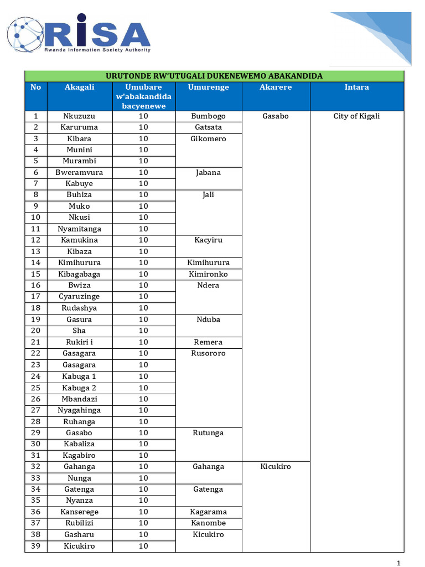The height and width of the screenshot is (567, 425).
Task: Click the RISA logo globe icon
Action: click(x=25, y=34)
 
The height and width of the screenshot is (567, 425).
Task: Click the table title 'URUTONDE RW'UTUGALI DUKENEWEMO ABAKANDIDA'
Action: click(x=214, y=76)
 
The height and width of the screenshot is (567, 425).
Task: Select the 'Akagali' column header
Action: click(x=80, y=87)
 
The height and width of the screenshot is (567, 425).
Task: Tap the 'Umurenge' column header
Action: click(x=208, y=87)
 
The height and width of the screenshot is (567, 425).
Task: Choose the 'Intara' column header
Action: click(x=356, y=87)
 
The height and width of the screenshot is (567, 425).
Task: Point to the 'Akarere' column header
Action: click(x=276, y=87)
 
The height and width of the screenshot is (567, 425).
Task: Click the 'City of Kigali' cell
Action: click(x=356, y=116)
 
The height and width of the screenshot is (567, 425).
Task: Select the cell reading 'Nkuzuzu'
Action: click(x=80, y=116)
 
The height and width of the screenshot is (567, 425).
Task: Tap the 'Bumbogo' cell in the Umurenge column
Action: click(x=208, y=116)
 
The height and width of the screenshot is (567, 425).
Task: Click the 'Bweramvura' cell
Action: click(x=80, y=173)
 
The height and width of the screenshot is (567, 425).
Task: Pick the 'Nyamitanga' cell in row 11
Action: click(x=80, y=229)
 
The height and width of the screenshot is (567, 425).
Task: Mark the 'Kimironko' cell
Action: click(x=208, y=274)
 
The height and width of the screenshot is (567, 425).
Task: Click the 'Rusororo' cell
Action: click(x=208, y=353)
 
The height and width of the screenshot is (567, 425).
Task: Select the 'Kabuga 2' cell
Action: click(x=80, y=388)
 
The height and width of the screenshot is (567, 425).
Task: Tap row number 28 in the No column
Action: click(x=36, y=421)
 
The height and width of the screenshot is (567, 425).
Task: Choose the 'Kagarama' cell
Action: click(x=208, y=512)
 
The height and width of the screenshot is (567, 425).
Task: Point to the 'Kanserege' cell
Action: click(x=80, y=512)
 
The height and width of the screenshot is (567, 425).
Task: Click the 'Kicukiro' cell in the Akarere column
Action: click(x=276, y=467)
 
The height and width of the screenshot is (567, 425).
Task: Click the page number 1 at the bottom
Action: click(x=398, y=563)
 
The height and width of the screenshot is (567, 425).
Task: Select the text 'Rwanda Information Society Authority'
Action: click(x=97, y=50)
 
